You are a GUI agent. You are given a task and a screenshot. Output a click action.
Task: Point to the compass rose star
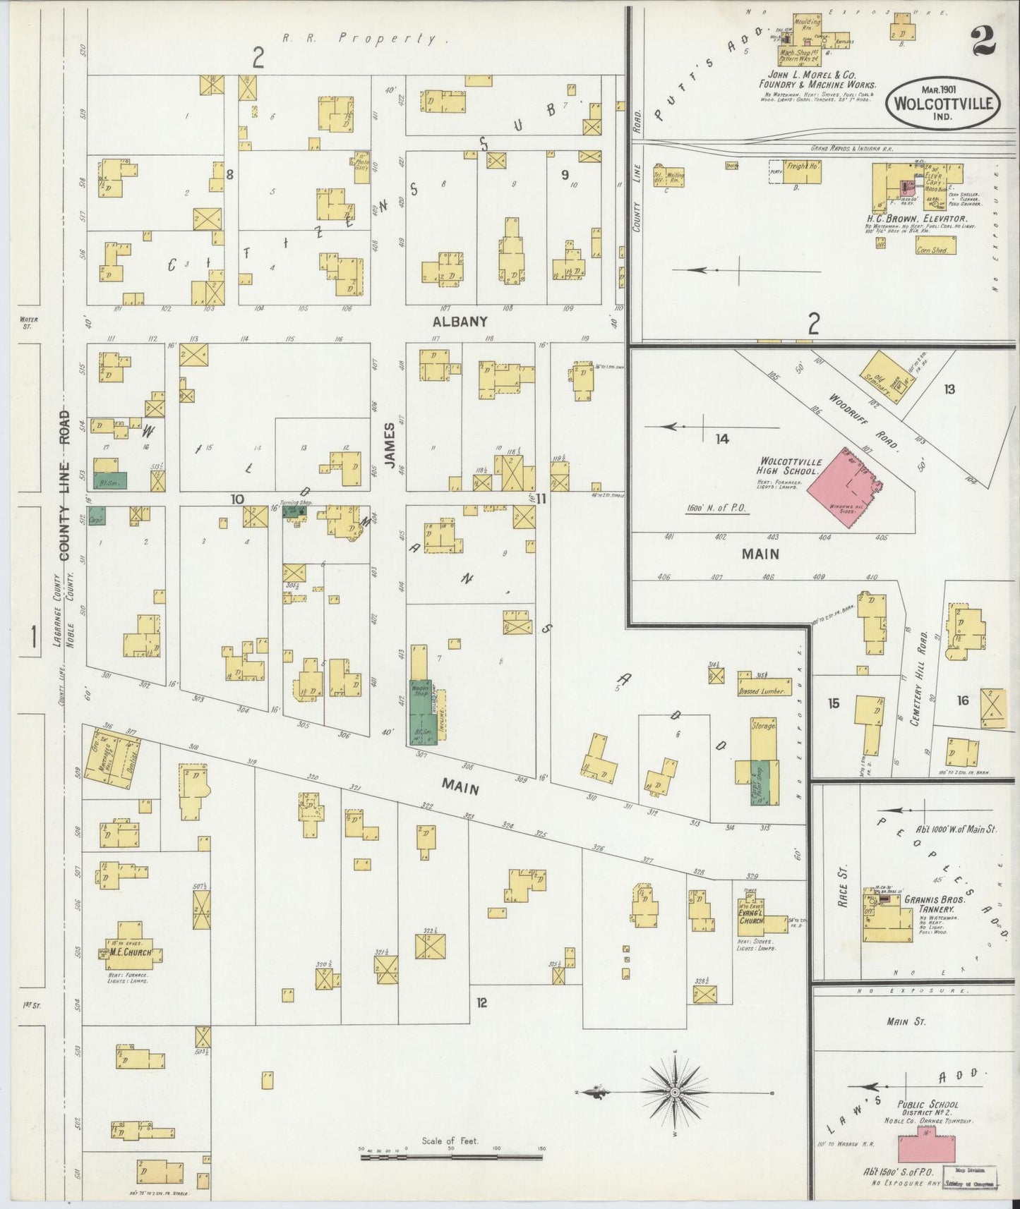[x=675, y=1092]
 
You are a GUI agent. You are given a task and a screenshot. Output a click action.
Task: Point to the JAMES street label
[x=389, y=445]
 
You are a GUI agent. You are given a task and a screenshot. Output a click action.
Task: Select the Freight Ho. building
[x=802, y=171]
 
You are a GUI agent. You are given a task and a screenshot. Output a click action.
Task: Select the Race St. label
[x=843, y=887]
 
